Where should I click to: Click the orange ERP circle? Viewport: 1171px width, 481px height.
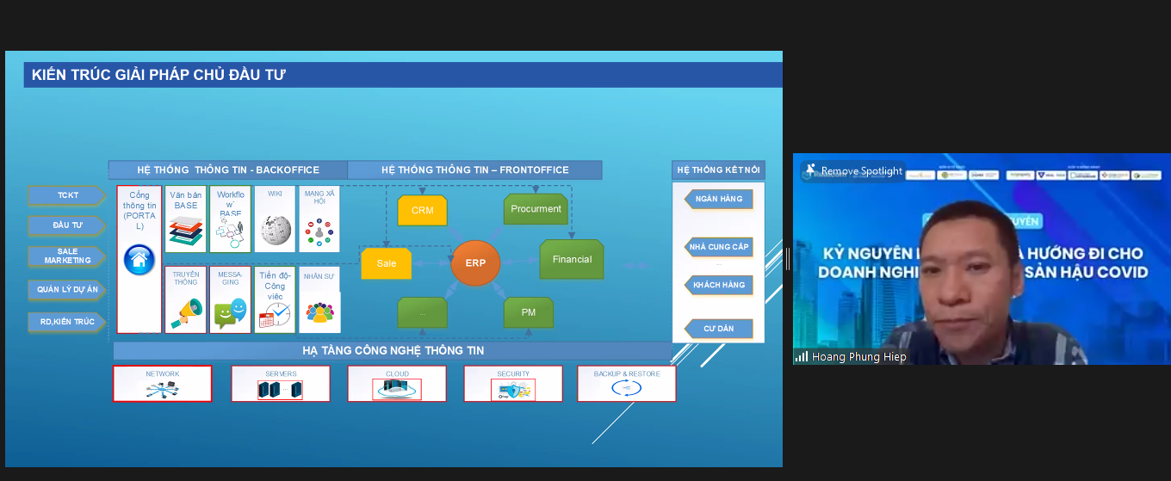click(x=475, y=262)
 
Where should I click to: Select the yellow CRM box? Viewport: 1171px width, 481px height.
click(x=422, y=211)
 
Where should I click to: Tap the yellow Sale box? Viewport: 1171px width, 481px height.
click(x=387, y=263)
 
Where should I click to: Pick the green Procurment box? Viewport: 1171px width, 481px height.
click(x=536, y=209)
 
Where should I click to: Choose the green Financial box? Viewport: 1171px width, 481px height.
click(x=572, y=259)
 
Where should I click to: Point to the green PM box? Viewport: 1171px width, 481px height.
click(x=529, y=312)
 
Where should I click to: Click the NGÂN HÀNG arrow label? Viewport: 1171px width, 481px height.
click(x=719, y=199)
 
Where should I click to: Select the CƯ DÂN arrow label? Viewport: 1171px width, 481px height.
click(x=718, y=329)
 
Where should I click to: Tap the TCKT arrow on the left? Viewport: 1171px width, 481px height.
click(x=67, y=195)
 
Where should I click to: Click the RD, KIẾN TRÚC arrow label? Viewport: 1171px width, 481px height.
click(x=67, y=322)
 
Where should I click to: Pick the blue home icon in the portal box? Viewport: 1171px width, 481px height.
click(x=139, y=259)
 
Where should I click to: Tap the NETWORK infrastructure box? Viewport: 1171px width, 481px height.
click(x=162, y=384)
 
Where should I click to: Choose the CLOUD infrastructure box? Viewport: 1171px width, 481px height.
click(x=397, y=384)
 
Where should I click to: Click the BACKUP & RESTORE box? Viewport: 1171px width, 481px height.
click(x=626, y=384)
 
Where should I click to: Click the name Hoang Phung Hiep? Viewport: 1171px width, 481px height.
click(x=859, y=357)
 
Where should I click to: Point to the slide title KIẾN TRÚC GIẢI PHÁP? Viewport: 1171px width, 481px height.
click(x=158, y=75)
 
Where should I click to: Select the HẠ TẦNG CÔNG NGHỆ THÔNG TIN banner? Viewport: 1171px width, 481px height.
click(x=393, y=351)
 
